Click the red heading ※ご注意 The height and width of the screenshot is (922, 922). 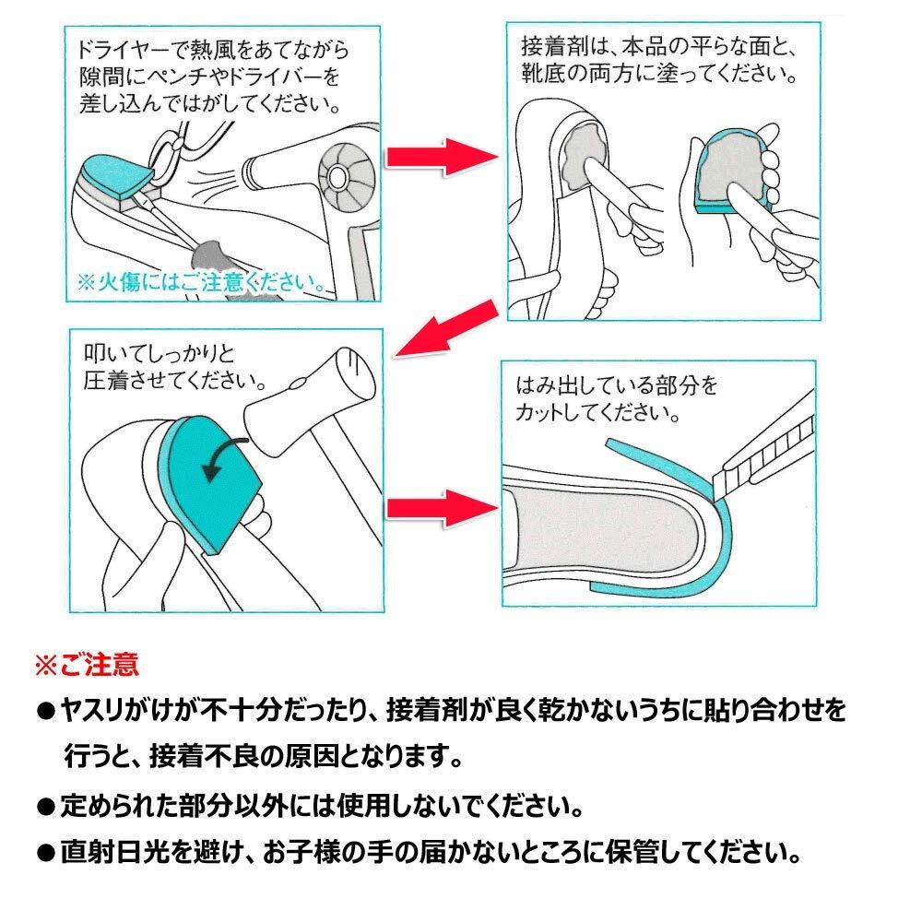coord(87,665)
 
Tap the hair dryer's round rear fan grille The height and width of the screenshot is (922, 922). coord(347,176)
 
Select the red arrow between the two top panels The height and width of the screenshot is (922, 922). coord(442,157)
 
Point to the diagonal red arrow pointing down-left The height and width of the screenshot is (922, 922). coord(445,329)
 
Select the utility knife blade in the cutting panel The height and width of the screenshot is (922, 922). coord(764,453)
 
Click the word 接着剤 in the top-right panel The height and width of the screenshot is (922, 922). coord(554,46)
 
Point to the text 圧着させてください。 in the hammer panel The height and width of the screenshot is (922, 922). coord(175,381)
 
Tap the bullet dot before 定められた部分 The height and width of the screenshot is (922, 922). coord(45,806)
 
